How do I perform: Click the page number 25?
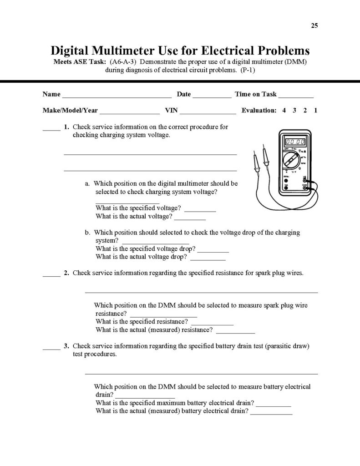click(314, 25)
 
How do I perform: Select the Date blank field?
click(212, 96)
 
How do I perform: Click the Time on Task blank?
click(296, 96)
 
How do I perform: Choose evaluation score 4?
click(284, 110)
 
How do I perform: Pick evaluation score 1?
click(315, 110)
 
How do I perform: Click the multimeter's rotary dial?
click(290, 161)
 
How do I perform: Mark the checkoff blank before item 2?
click(51, 275)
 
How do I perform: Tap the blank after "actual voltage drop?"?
click(208, 259)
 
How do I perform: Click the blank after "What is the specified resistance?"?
click(215, 324)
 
